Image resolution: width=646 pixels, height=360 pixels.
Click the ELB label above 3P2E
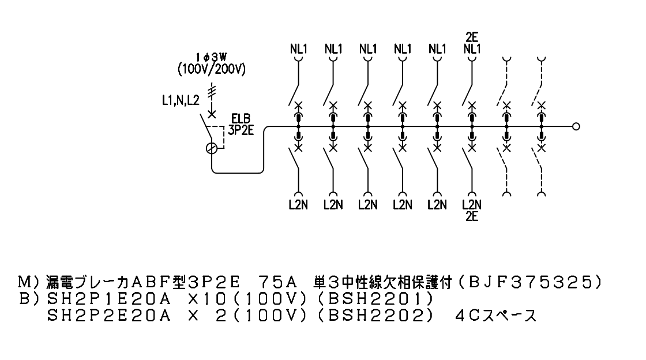241,119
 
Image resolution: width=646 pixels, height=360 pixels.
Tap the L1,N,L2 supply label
181,100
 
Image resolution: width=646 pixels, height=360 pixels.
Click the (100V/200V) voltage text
211,69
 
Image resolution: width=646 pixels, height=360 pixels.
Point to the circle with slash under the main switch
211,148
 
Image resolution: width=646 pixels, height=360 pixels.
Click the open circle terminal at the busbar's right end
576,126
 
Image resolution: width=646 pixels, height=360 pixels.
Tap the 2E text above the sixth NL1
472,37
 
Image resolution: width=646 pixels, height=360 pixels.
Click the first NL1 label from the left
299,49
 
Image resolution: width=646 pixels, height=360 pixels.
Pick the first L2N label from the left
298,204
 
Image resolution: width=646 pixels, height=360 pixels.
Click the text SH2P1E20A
109,298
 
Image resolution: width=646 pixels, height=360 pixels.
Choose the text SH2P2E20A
109,315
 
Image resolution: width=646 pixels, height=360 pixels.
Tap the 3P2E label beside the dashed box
241,130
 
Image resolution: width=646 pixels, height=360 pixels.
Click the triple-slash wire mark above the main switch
211,92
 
